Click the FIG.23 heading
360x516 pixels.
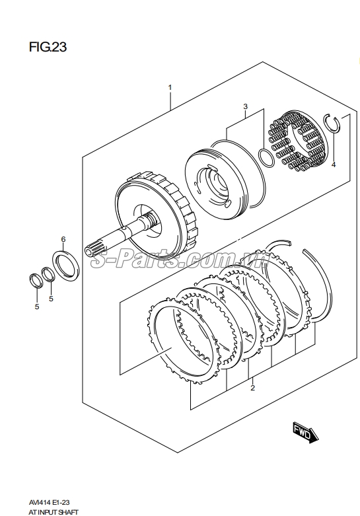[x=48, y=47]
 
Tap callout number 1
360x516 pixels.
[x=170, y=87]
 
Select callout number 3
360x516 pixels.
[x=245, y=106]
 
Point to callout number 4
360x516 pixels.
[x=334, y=165]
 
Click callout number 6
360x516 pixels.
[x=63, y=239]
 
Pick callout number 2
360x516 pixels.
[x=252, y=388]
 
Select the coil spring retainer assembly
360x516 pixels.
[x=299, y=141]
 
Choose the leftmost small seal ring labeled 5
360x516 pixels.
[x=36, y=281]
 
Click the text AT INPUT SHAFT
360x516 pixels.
[x=53, y=512]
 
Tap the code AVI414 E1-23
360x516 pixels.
[x=48, y=502]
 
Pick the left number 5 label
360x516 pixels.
[x=37, y=307]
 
